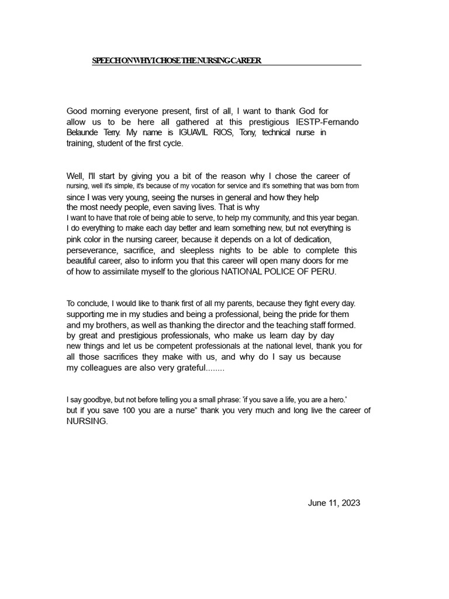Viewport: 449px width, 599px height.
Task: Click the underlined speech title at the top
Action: coord(177,60)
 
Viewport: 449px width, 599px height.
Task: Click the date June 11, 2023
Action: coord(334,502)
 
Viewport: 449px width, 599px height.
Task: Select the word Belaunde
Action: coord(82,132)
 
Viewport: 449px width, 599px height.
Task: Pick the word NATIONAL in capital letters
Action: coord(246,272)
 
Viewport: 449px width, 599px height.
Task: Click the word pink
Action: coord(74,239)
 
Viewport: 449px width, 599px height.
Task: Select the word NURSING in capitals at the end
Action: coord(87,421)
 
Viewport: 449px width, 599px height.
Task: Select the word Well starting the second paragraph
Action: coord(75,175)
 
